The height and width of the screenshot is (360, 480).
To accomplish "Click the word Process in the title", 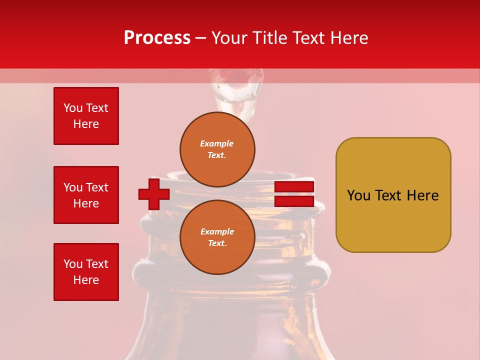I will point(157,38).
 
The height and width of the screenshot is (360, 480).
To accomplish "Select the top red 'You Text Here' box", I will point(86,116).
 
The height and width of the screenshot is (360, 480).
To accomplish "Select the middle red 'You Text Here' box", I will point(86,195).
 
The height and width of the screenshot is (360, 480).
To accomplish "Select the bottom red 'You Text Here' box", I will point(86,272).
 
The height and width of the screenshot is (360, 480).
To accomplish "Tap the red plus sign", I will point(154,194).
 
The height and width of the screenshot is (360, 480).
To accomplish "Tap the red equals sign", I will point(294,194).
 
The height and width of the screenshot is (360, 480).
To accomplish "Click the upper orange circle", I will point(217,149).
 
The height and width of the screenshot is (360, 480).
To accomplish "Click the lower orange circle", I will point(217,237).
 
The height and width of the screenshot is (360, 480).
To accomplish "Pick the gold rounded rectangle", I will point(393,195).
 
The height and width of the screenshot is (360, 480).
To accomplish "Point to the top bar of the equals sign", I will point(294,187).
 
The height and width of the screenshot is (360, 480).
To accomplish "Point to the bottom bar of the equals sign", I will point(294,201).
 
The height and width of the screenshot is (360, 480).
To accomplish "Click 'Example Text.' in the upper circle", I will point(217,149).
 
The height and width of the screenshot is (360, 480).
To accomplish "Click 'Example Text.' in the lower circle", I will point(217,237).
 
